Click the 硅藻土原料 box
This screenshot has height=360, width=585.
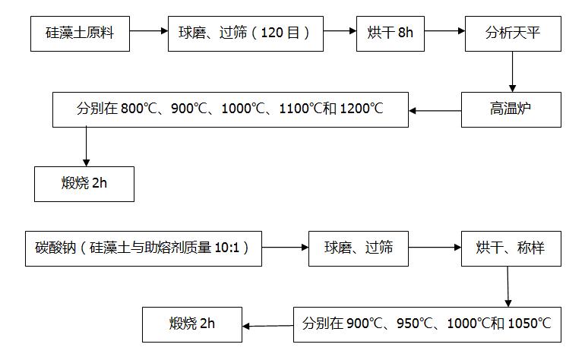[78, 33]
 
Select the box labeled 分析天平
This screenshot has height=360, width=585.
[513, 33]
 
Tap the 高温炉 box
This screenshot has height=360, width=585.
[511, 110]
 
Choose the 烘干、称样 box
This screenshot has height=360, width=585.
[511, 248]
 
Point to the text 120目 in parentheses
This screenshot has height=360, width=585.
[286, 33]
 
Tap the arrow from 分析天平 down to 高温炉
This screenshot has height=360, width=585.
[513, 71]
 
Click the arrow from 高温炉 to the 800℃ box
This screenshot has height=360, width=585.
[435, 111]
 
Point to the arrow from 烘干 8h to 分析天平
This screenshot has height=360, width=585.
[444, 31]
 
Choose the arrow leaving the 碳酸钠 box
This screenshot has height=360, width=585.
[285, 247]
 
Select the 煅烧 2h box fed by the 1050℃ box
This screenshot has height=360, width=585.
[192, 324]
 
